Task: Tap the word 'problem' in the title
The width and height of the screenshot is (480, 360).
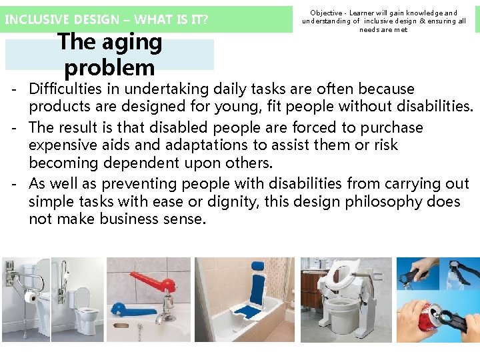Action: [x=109, y=67]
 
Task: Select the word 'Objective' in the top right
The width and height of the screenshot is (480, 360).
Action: [x=326, y=13]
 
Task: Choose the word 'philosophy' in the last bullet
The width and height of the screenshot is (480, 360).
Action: [x=387, y=201]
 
